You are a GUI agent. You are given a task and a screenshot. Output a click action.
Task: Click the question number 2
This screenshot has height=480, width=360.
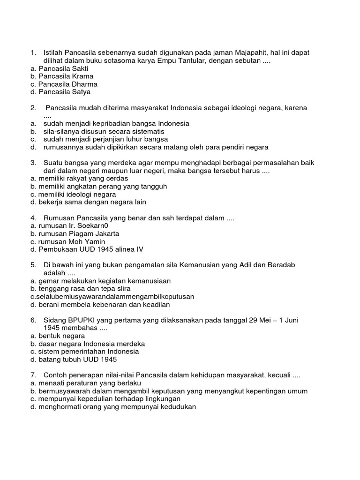[x=33, y=108]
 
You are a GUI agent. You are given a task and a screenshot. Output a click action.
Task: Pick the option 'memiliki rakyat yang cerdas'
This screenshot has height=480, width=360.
[x=79, y=178]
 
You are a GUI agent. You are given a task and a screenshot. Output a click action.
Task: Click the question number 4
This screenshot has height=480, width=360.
[x=33, y=218]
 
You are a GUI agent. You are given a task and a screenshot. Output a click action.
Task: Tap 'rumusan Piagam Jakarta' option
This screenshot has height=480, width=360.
[x=75, y=233]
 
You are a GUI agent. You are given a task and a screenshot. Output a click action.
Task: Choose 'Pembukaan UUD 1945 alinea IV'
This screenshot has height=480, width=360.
[x=87, y=249]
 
